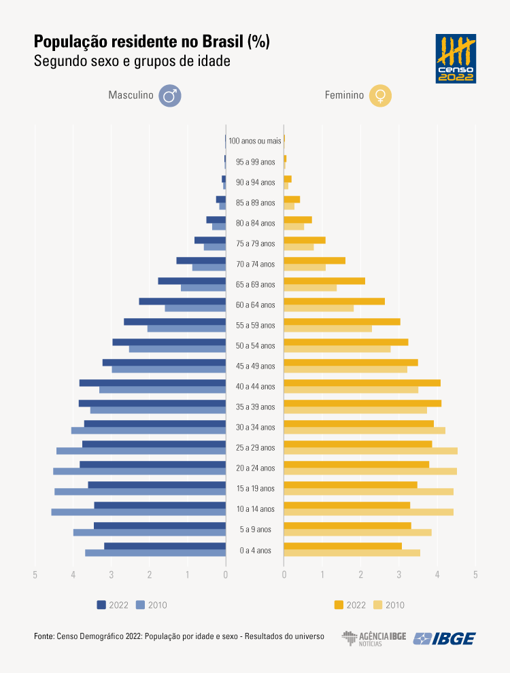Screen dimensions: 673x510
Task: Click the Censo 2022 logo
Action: (456, 59)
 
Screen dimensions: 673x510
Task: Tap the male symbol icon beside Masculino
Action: (169, 96)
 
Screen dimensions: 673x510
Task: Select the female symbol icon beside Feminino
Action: (380, 96)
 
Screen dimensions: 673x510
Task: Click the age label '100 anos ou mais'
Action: (255, 141)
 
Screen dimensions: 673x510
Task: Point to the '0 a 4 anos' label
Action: (255, 550)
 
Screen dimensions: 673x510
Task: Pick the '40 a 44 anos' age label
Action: (255, 387)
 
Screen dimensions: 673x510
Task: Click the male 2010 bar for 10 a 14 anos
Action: (138, 512)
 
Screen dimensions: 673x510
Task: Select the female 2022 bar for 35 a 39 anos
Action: (362, 403)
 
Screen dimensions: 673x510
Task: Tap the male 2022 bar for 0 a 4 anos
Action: (165, 546)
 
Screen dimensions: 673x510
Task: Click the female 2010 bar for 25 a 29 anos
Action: (371, 451)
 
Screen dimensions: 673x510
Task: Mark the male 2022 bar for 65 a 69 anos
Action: (192, 281)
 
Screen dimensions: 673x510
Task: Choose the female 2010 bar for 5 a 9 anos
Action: (358, 532)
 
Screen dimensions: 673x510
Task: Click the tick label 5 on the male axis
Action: (35, 575)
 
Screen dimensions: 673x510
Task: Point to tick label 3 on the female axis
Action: (399, 575)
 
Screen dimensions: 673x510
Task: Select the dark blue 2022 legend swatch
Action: (101, 605)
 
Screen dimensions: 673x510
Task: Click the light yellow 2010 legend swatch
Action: (379, 605)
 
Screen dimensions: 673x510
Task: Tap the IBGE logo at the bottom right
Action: (445, 638)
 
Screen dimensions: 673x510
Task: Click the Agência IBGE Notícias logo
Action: (373, 638)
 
